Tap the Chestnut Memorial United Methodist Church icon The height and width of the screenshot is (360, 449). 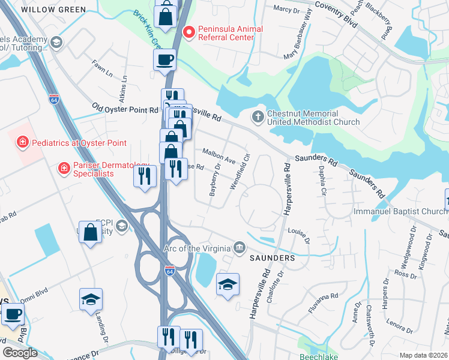[x=258, y=116]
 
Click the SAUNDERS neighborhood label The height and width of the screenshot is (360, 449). [x=271, y=258]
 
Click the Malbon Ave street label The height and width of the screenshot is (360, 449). [x=218, y=157]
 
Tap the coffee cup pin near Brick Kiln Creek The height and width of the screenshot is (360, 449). [x=164, y=60]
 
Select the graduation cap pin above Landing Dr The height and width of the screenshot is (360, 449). [x=91, y=299]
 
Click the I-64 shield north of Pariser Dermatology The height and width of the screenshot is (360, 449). [x=54, y=98]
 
